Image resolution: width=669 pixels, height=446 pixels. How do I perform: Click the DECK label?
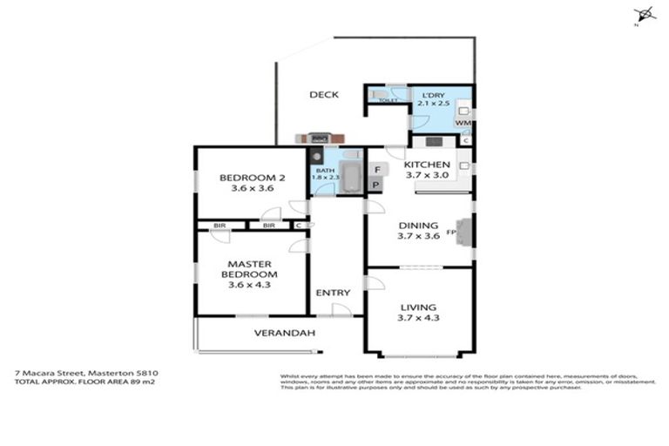tap(323, 95)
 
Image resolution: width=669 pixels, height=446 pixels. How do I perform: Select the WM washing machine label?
tap(463, 123)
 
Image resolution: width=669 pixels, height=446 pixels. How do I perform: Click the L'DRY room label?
tap(433, 94)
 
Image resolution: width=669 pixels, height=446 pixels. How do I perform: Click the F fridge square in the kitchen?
tap(376, 168)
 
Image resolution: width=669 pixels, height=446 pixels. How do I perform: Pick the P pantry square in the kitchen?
tap(376, 185)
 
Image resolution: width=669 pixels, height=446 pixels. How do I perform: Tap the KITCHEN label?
tap(427, 164)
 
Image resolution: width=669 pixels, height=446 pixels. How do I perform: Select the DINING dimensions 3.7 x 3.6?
tap(419, 236)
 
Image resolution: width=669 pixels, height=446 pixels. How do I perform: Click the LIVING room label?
tap(419, 307)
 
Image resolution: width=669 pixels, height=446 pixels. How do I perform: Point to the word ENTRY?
tap(332, 293)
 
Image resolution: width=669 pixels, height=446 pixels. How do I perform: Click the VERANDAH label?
tap(284, 333)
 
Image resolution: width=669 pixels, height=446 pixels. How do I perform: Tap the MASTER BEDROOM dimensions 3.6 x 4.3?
tap(250, 285)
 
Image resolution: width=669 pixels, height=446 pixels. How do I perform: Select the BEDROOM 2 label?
tap(252, 176)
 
